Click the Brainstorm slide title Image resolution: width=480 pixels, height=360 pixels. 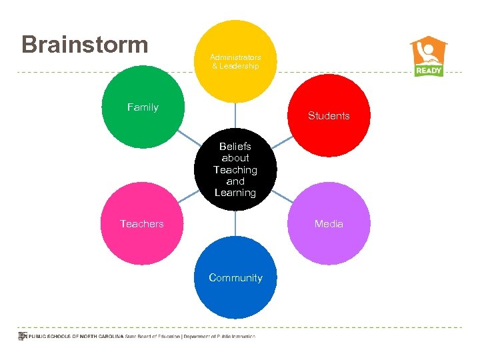click(x=85, y=45)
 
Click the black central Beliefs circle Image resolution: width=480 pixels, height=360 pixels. click(x=235, y=169)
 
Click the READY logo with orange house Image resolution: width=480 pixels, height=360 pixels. click(x=429, y=57)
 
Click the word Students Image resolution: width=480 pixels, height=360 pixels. click(x=329, y=116)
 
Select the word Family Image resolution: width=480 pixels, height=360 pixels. click(x=143, y=107)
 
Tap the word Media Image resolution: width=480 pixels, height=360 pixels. click(x=329, y=224)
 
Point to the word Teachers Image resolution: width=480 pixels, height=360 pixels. click(x=142, y=224)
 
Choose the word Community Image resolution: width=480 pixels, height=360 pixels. click(x=235, y=278)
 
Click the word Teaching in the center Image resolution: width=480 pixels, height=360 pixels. click(x=235, y=170)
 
